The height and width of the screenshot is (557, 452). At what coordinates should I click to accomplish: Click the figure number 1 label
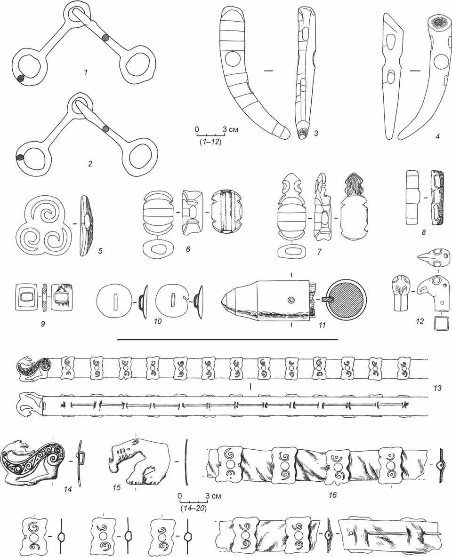coord(85,72)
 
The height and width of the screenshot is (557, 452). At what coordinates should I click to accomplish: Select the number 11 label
coord(322,325)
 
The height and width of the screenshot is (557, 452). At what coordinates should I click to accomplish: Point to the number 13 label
coord(437,388)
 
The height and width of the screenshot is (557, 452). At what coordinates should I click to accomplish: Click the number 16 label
coord(332,494)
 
